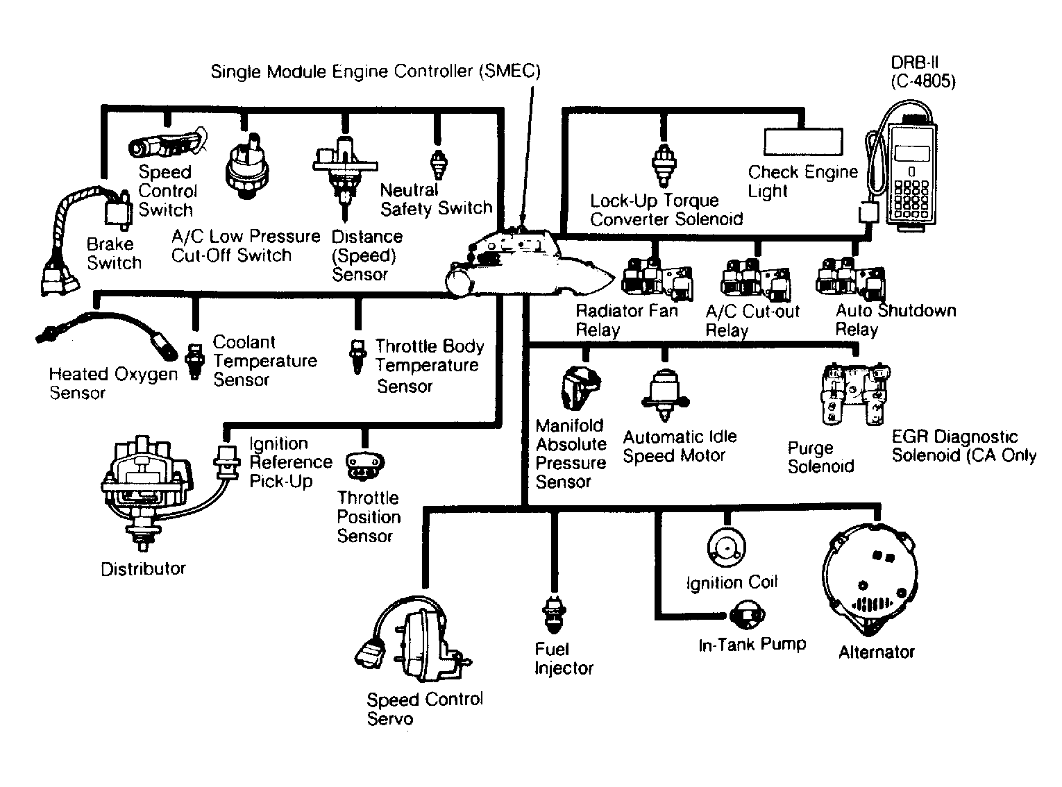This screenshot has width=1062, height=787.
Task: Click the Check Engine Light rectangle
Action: (803, 142)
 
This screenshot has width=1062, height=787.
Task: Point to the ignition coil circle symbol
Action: (726, 548)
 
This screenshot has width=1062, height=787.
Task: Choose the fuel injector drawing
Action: (554, 614)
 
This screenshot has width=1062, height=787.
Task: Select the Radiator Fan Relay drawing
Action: (657, 280)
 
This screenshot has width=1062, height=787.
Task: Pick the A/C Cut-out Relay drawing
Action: (756, 280)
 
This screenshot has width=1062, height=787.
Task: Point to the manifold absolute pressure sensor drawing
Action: (580, 388)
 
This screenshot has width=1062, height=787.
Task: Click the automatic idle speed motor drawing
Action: (665, 396)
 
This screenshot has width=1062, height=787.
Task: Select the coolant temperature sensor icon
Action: (194, 361)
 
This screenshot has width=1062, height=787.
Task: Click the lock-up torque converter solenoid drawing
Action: (664, 165)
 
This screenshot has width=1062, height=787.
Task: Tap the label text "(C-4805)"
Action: (922, 81)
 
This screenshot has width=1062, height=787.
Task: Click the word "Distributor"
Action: (143, 568)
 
